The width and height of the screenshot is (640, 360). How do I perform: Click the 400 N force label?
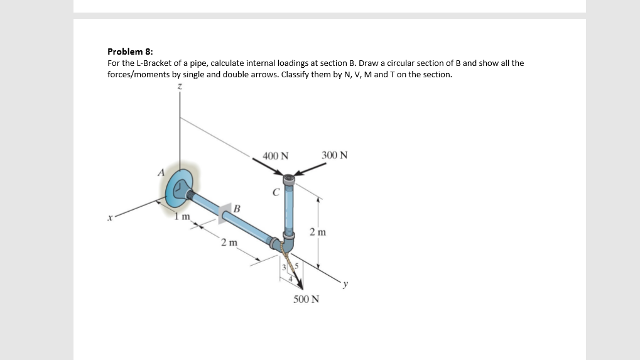pyautogui.click(x=276, y=156)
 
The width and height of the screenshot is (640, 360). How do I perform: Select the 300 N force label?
pyautogui.click(x=334, y=155)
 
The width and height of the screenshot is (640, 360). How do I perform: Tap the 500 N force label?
pyautogui.click(x=306, y=299)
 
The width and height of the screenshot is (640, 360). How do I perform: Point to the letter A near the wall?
pyautogui.click(x=161, y=172)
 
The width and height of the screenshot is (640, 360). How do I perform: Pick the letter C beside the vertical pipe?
pyautogui.click(x=275, y=192)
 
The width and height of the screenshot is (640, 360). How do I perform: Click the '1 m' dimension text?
pyautogui.click(x=183, y=217)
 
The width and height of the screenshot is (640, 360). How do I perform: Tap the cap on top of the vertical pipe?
pyautogui.click(x=289, y=180)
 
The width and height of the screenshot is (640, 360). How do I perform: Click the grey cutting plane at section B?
pyautogui.click(x=226, y=212)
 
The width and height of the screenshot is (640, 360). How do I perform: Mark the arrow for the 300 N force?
pyautogui.click(x=311, y=170)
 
